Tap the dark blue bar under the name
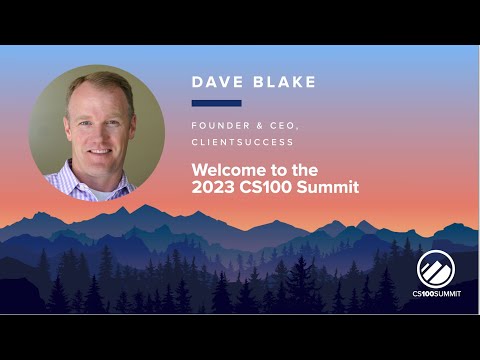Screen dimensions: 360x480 click(216, 102)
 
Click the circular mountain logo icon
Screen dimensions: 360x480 click(436, 269)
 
